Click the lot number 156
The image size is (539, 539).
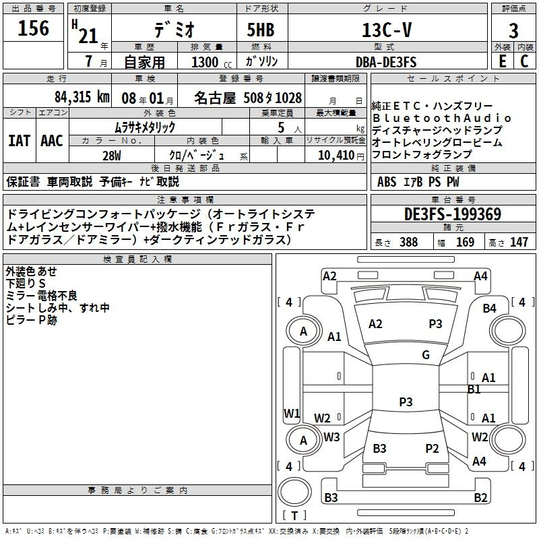coord(33,28)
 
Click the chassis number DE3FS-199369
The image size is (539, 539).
coord(453,214)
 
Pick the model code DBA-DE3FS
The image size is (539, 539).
coord(386,62)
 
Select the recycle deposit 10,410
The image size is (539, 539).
coord(335,155)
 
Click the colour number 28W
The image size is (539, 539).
coord(111,155)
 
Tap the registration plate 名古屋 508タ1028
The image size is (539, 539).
coord(248,97)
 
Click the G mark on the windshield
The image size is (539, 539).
coord(426,355)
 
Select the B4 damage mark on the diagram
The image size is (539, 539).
coord(489,309)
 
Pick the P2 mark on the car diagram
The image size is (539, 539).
coord(432,449)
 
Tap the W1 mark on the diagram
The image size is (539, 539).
coord(291,413)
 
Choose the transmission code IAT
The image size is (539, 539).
coord(19,141)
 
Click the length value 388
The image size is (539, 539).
coord(408,243)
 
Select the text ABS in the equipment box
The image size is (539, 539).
coord(387,181)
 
